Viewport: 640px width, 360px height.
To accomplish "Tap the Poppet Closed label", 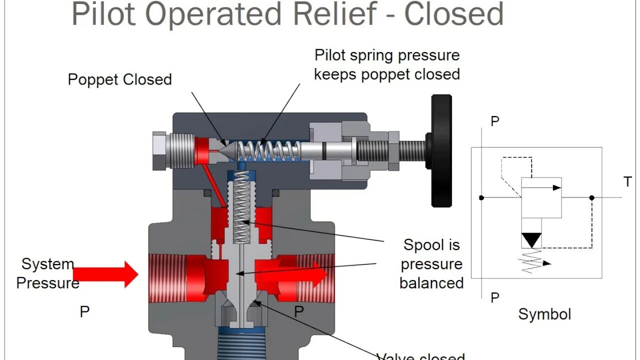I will click(119, 79).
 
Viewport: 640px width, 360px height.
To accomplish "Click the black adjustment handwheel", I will click(441, 150).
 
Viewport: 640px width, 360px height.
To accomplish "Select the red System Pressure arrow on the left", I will click(105, 274).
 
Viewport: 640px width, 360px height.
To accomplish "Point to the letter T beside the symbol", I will click(627, 182).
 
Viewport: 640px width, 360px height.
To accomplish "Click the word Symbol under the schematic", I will click(544, 314).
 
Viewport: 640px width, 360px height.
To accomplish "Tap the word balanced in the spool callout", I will click(431, 283).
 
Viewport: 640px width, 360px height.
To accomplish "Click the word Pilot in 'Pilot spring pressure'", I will click(329, 55).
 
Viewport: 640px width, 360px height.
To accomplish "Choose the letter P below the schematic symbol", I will click(494, 298).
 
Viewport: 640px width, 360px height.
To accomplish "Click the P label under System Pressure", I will click(85, 312).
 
